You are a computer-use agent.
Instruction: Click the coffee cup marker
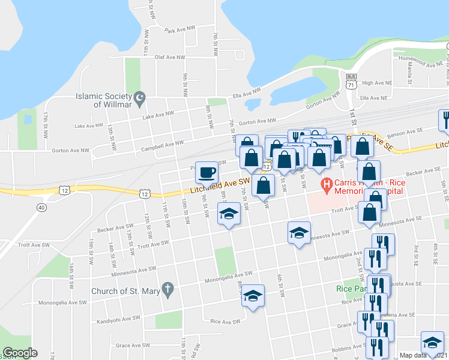coord(206,173)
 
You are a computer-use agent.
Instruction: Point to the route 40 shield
coord(41,207)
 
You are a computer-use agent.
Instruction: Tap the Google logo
coord(20,353)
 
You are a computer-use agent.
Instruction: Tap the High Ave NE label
coord(376,83)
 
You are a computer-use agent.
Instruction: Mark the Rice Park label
coord(350,289)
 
